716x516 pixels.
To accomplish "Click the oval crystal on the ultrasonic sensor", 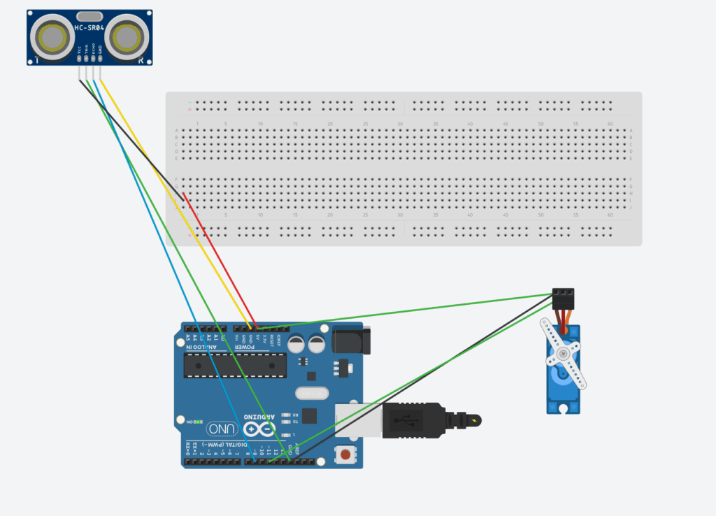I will [x=89, y=15].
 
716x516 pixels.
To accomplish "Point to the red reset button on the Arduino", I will [x=345, y=455].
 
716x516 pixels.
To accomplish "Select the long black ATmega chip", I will [x=234, y=363].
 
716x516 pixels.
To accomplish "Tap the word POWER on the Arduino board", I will [x=245, y=347].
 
